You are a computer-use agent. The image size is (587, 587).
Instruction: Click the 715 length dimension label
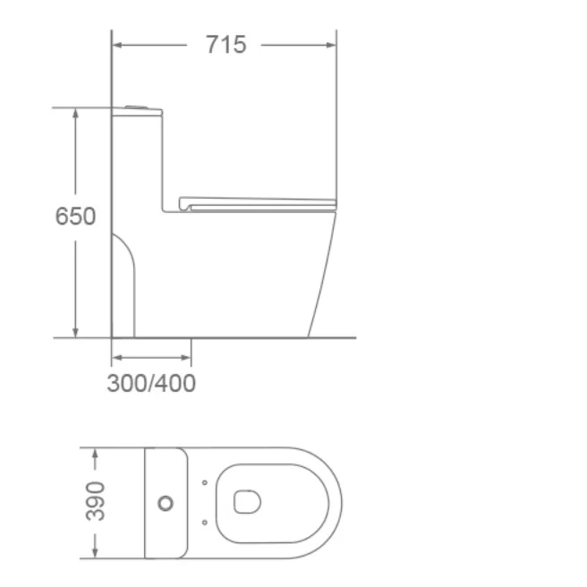pyautogui.click(x=225, y=44)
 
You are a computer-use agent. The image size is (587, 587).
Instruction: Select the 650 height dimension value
pyautogui.click(x=75, y=217)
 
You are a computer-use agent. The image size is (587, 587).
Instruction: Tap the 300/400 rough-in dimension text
pyautogui.click(x=151, y=384)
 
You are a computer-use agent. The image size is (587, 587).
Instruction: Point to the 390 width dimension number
pyautogui.click(x=95, y=501)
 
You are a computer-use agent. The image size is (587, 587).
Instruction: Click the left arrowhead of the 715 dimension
pyautogui.click(x=116, y=44)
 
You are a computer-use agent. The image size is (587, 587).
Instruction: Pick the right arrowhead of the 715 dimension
pyautogui.click(x=332, y=44)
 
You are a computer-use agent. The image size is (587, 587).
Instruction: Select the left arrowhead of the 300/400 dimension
pyautogui.click(x=115, y=358)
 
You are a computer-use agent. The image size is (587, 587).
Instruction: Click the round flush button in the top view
pyautogui.click(x=166, y=503)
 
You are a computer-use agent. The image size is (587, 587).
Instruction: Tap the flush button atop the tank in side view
pyautogui.click(x=135, y=107)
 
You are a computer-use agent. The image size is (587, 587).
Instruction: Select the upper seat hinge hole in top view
pyautogui.click(x=205, y=483)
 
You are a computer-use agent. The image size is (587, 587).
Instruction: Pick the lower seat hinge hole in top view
pyautogui.click(x=205, y=523)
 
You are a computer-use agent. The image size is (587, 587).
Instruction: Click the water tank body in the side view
pyautogui.click(x=136, y=161)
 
